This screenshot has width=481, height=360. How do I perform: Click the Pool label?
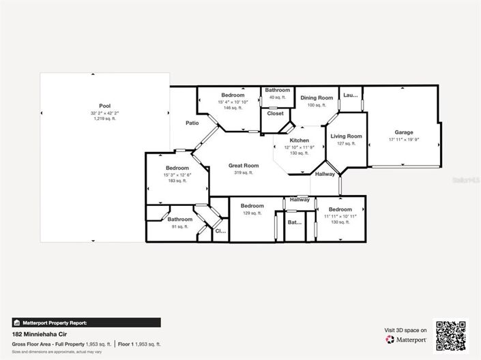coord(104,106)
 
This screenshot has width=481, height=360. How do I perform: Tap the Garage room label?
coord(403,132)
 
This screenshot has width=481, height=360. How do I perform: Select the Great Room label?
coord(244,165)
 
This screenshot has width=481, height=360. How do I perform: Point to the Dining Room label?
coord(317,98)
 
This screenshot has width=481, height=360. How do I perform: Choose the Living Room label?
coord(346,136)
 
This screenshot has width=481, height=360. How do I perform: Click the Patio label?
coord(192,123)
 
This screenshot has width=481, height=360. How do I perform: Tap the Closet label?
coord(275,113)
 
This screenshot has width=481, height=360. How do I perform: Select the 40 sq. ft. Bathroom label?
coord(277,90)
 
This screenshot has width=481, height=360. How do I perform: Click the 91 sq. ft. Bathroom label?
coord(180,220)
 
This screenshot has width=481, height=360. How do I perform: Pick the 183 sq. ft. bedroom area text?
coord(177,181)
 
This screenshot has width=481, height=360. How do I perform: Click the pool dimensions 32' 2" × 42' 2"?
coord(104,112)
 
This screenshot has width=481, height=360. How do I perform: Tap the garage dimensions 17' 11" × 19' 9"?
coord(403,140)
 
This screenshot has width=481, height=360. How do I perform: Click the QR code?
coord(450,335)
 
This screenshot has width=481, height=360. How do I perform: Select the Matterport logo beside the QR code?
coord(407,339)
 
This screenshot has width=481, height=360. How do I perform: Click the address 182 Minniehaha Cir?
coord(40,335)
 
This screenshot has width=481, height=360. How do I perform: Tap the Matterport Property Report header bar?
coord(86,322)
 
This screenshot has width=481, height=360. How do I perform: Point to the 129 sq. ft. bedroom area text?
coord(252,213)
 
